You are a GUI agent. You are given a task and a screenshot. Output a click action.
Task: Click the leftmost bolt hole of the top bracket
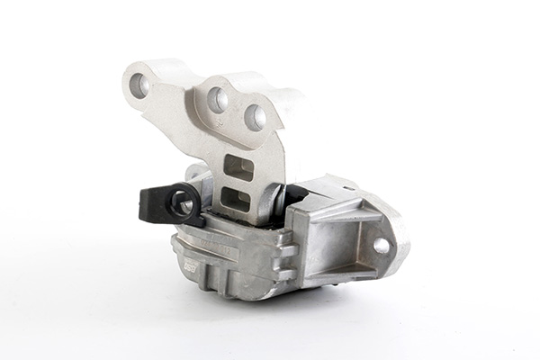(x=139, y=85)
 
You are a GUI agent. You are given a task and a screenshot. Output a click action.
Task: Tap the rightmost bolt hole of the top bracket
(x=256, y=116)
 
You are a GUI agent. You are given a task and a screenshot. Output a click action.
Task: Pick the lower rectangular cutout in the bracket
(x=238, y=198)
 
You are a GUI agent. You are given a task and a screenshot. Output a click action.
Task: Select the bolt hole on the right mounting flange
(x=382, y=245)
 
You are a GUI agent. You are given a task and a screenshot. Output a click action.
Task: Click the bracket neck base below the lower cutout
(x=243, y=218)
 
